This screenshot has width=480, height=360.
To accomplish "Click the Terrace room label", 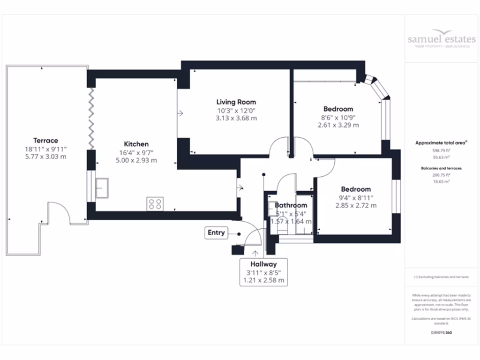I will (x=45, y=140).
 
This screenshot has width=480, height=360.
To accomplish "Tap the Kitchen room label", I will (x=136, y=144).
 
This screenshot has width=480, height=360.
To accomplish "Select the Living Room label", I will (x=236, y=102).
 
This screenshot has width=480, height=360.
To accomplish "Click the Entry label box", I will (x=216, y=232).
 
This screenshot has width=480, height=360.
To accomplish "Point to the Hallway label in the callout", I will (x=263, y=264).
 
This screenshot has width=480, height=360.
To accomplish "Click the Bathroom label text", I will (x=291, y=205).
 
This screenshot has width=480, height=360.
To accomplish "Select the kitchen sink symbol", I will (x=102, y=188).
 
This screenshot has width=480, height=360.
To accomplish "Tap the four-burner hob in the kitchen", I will (x=155, y=203).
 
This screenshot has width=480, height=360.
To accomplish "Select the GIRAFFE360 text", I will (x=441, y=332).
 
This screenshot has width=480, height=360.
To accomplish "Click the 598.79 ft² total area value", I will (x=441, y=151).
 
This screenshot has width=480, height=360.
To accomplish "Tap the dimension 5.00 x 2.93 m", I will (x=136, y=160).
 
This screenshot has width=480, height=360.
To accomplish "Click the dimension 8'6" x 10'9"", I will (x=337, y=117).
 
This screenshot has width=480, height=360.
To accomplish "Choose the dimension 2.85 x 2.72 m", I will (x=356, y=205).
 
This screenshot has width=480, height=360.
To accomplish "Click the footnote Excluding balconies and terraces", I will (x=441, y=277).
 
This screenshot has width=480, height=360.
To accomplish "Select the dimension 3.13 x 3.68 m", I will (x=236, y=118).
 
